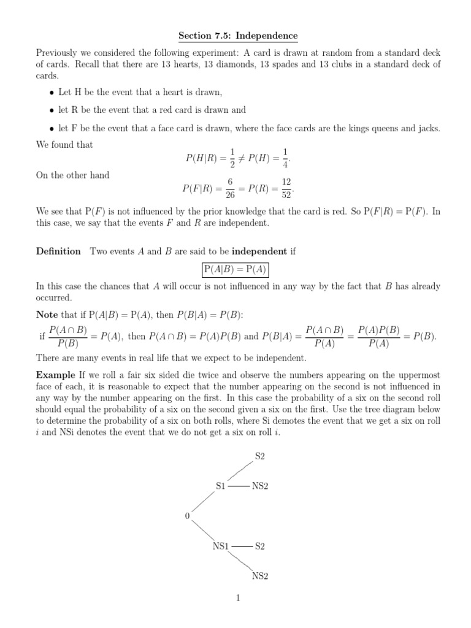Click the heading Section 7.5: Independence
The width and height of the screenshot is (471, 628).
click(235, 36)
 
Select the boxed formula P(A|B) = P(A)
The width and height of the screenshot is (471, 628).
click(235, 270)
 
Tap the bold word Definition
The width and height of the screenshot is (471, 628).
click(58, 251)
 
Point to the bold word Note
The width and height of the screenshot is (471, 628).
click(48, 315)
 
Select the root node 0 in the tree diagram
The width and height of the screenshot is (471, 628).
click(187, 516)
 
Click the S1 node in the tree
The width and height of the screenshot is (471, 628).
click(221, 486)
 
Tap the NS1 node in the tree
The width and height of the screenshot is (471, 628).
click(221, 546)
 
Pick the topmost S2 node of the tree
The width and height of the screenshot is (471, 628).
click(260, 456)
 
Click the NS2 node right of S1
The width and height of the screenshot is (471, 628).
click(261, 486)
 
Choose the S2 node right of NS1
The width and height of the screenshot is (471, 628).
click(260, 546)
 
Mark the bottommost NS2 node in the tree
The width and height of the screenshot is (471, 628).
click(261, 576)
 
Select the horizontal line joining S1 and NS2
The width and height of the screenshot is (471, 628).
click(239, 486)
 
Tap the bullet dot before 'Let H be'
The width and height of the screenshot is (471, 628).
click(52, 93)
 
